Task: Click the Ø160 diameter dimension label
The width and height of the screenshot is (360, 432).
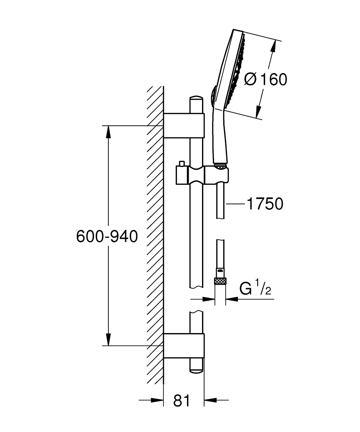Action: pyautogui.click(x=265, y=79)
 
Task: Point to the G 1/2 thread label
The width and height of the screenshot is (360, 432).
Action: pyautogui.click(x=255, y=289)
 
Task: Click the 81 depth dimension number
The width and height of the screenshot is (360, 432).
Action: pyautogui.click(x=182, y=400)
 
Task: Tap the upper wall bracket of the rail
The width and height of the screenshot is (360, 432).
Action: pyautogui.click(x=183, y=126)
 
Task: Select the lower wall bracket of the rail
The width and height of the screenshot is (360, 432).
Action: pyautogui.click(x=183, y=346)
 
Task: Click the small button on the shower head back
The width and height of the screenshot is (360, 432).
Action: pyautogui.click(x=212, y=94)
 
